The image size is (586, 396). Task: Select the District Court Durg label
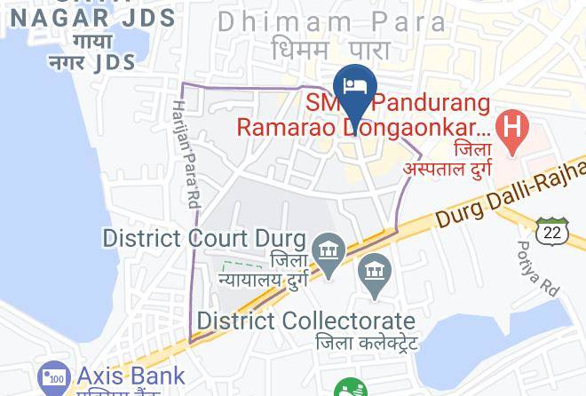[x=205, y=238]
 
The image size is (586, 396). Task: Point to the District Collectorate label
[x=307, y=320]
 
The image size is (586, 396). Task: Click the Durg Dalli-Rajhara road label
[x=511, y=201]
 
